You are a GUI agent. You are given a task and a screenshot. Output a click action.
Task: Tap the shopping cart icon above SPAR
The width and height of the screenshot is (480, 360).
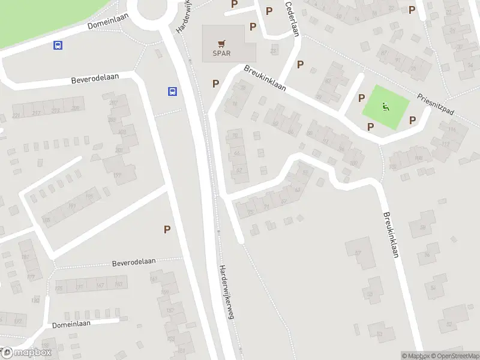pos(221,43)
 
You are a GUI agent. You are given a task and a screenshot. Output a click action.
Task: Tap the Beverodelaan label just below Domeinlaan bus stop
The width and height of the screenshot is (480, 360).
pos(95,78)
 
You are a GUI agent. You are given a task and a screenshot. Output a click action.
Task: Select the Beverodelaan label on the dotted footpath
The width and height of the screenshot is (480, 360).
pos(134,262)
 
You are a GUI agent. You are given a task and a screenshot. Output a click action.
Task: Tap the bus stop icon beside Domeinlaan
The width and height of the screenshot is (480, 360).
pos(58,45)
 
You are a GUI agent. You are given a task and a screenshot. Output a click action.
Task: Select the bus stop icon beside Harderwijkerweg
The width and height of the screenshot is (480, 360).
pos(172,92)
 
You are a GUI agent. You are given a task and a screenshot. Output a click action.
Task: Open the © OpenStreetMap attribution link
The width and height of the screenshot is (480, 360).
pos(454,356)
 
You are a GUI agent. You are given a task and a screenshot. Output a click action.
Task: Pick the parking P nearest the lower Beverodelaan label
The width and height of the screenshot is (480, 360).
pos(167,229)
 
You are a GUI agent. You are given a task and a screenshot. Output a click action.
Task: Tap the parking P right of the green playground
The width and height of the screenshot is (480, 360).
pos(412,121)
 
